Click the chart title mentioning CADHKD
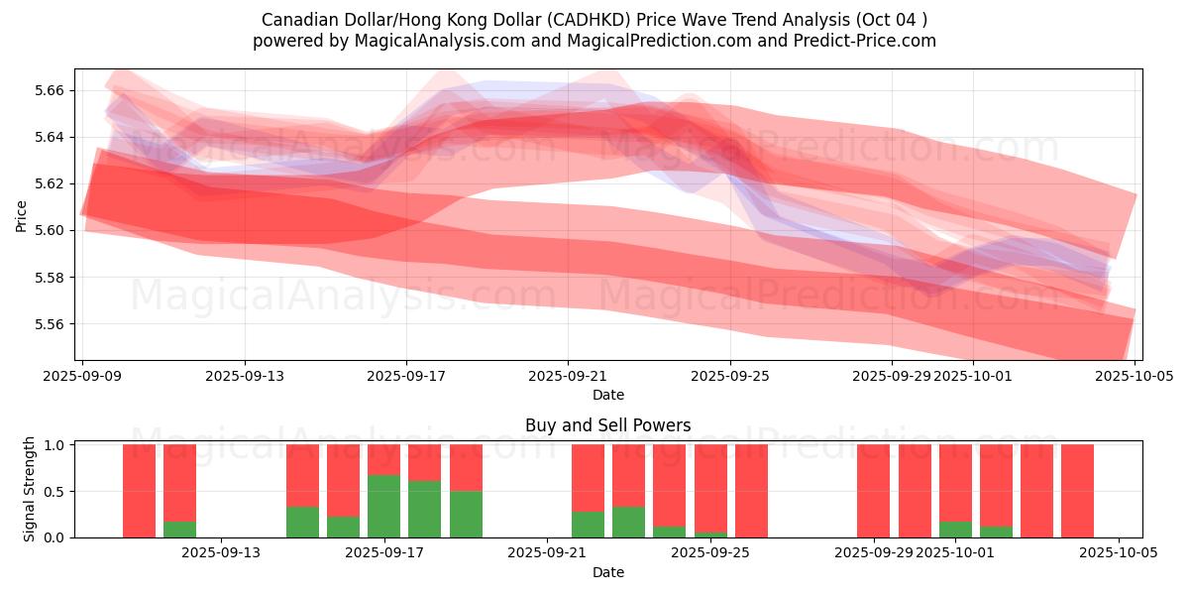594,20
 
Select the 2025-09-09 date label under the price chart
83,377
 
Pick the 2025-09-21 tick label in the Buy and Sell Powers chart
547,553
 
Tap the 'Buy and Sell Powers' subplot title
607,425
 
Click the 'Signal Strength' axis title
30,489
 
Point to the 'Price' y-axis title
22,215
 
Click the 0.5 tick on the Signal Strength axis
55,492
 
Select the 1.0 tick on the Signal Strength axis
55,445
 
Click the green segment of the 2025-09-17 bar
383,506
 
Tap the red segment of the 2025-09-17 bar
383,459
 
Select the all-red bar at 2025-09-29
873,491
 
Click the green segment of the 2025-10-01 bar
955,530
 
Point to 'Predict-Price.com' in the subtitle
869,41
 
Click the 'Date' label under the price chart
607,395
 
